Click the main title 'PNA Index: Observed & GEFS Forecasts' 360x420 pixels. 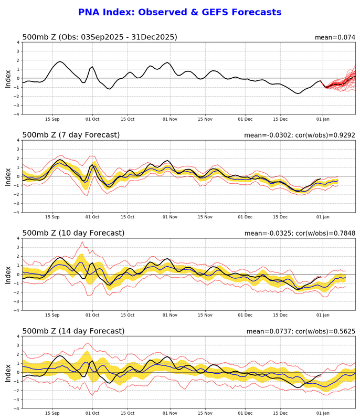click(x=179, y=12)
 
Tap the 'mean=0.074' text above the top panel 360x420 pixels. click(x=335, y=37)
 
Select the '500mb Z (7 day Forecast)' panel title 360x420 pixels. click(x=71, y=135)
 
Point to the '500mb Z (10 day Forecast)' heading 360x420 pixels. click(x=73, y=233)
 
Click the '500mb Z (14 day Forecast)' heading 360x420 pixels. click(x=73, y=331)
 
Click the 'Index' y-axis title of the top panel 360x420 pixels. click(x=8, y=78)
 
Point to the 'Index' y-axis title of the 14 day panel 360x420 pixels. click(x=8, y=372)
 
